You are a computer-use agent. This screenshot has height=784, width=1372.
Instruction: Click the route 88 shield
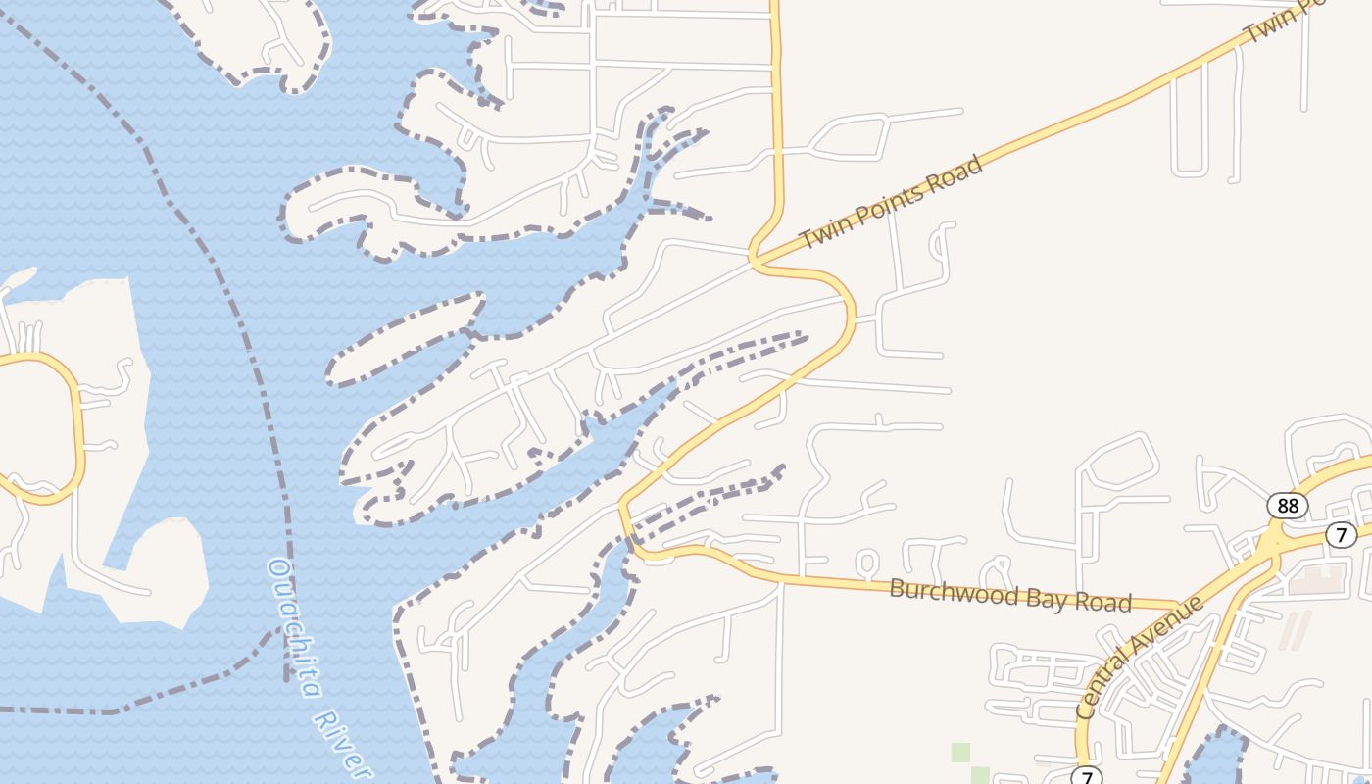point(1287,506)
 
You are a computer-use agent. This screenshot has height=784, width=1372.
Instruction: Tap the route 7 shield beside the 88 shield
point(1342,534)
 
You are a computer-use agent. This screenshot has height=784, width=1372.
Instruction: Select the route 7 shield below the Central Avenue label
point(1086,777)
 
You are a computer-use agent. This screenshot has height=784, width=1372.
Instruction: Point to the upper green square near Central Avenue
point(960,752)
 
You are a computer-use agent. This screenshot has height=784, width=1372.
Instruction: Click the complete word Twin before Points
point(821,234)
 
